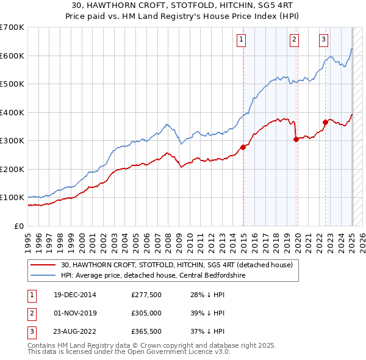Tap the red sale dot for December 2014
[x=243, y=147]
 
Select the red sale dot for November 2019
[x=296, y=139]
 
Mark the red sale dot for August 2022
[x=325, y=122]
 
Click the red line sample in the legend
[x=42, y=265]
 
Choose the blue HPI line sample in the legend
[x=42, y=275]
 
